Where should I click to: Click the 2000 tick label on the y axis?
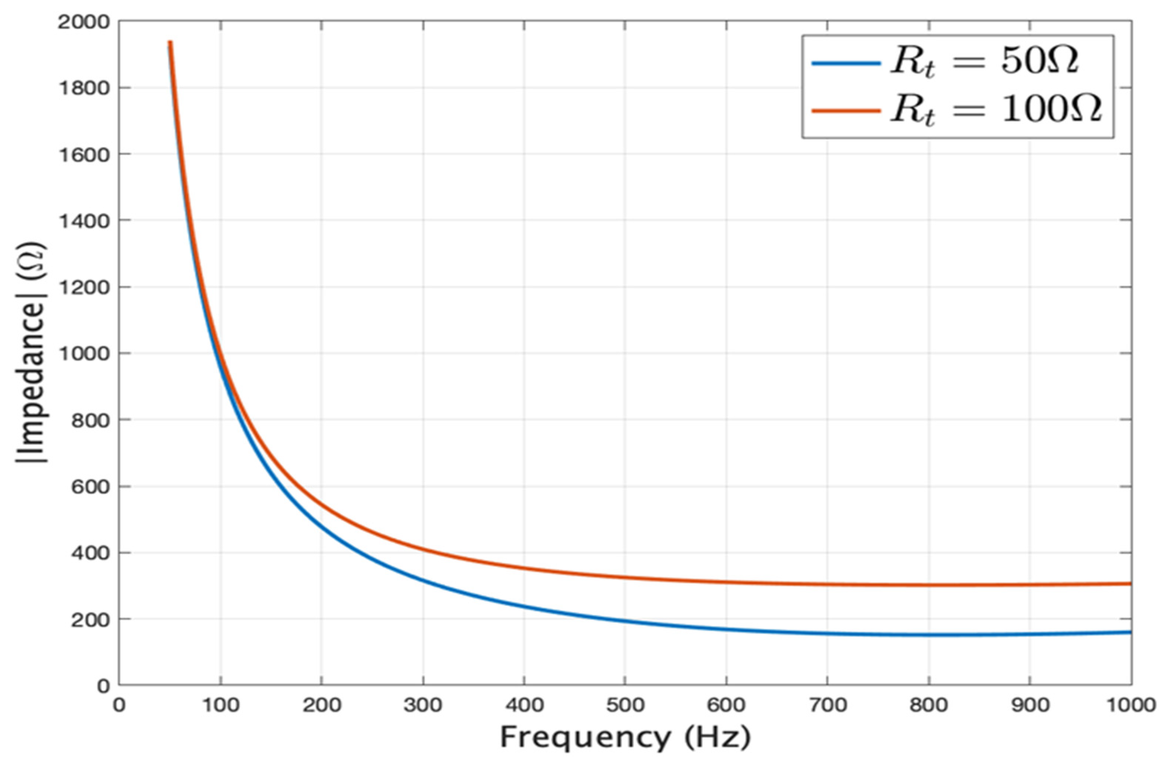tap(83, 22)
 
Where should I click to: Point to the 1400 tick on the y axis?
tap(83, 221)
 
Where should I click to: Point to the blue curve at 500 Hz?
tap(625, 621)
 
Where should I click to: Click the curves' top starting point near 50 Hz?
tap(170, 43)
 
